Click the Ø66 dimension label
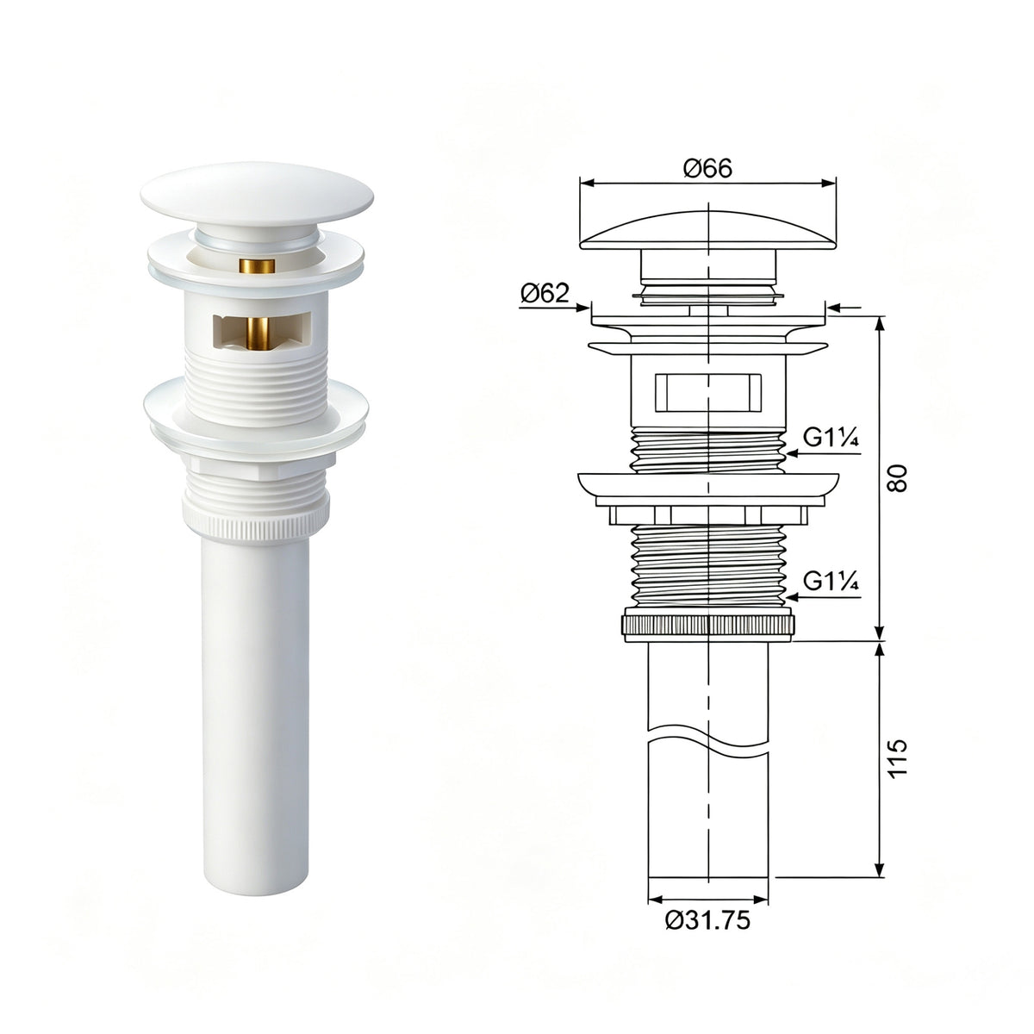(x=707, y=169)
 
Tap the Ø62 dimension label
(x=545, y=293)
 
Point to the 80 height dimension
(x=897, y=478)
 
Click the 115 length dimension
(x=897, y=757)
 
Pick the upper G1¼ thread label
(x=832, y=438)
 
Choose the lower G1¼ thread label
(x=832, y=581)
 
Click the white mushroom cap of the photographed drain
(x=257, y=196)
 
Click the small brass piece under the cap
(x=257, y=265)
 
